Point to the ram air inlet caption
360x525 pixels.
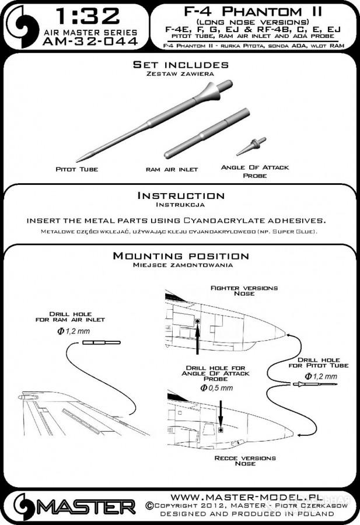click(172, 170)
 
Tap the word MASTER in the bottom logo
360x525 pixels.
click(86, 505)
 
